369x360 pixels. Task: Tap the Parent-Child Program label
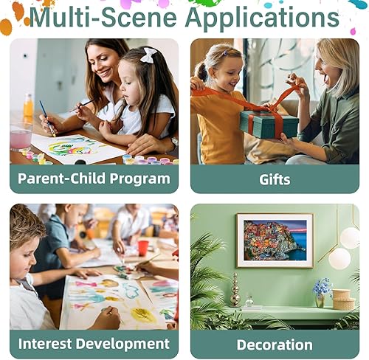tap(94, 179)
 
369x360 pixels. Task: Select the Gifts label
tap(275, 179)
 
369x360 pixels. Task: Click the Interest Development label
tap(94, 344)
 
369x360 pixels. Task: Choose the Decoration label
tap(275, 344)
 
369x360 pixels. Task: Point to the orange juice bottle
tap(28, 107)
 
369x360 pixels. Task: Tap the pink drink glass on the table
tap(21, 137)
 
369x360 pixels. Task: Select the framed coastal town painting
tap(275, 240)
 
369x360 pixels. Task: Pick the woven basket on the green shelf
tap(343, 299)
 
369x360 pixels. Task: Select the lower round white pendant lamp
tap(339, 258)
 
